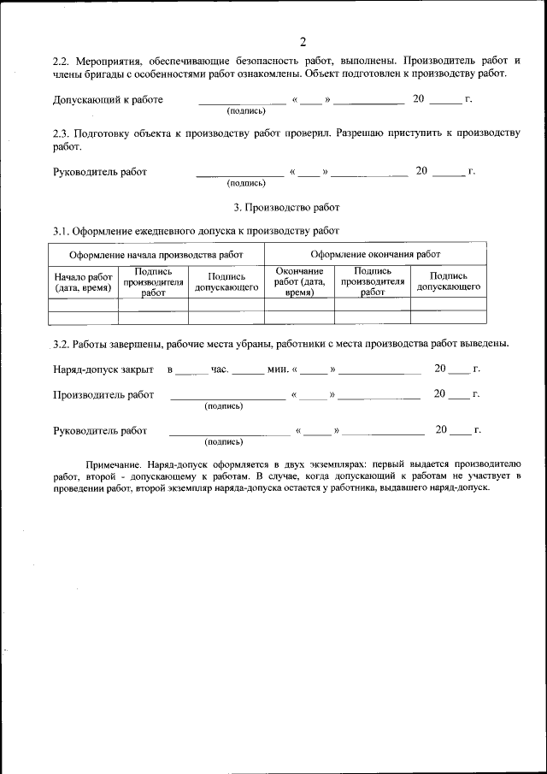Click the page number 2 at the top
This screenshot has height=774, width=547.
[303, 42]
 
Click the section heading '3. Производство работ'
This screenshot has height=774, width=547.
[286, 207]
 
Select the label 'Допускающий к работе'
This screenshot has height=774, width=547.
[108, 100]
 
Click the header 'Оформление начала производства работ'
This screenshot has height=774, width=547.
[156, 254]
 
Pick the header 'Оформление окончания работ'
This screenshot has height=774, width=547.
[375, 254]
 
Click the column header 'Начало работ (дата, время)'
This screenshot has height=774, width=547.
[83, 282]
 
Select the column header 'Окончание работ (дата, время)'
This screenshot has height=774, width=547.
[299, 281]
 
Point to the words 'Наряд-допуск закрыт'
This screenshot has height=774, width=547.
[103, 369]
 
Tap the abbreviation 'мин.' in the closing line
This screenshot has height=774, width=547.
[278, 369]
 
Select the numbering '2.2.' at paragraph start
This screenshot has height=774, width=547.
[62, 62]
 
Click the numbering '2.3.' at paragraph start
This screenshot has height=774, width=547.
[62, 134]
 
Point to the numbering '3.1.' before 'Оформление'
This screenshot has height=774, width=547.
[62, 231]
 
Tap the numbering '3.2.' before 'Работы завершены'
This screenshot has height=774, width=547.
[62, 344]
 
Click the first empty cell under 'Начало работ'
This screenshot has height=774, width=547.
[83, 304]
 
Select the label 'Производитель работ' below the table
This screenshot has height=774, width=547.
[103, 394]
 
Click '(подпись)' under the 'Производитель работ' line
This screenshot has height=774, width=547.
[223, 406]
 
